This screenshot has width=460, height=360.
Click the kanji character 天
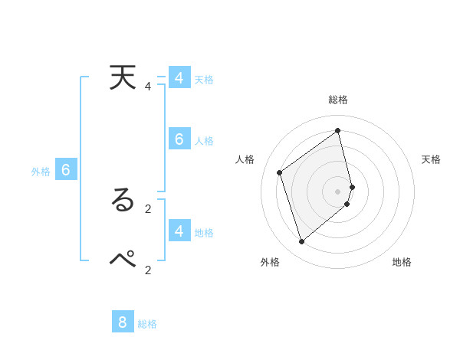[123, 78]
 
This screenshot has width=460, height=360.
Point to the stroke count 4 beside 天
[148, 87]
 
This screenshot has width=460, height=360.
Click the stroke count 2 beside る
[148, 208]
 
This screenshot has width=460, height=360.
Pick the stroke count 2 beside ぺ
[148, 269]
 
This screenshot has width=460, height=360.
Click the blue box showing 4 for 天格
[179, 78]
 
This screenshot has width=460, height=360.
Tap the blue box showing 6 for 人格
[179, 139]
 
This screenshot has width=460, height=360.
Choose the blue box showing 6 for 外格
[66, 170]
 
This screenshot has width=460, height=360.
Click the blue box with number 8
[123, 322]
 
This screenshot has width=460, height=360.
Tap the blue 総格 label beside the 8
[147, 324]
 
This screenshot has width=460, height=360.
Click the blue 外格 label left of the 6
[41, 172]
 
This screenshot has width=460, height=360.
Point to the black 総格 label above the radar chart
[338, 100]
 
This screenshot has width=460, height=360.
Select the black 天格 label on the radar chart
[432, 159]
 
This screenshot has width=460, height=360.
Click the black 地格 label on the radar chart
[402, 262]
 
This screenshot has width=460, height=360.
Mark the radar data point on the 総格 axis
[338, 131]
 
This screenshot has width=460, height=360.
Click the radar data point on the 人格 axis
[280, 172]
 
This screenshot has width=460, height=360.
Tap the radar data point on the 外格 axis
[302, 242]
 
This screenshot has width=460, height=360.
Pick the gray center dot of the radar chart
[338, 191]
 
